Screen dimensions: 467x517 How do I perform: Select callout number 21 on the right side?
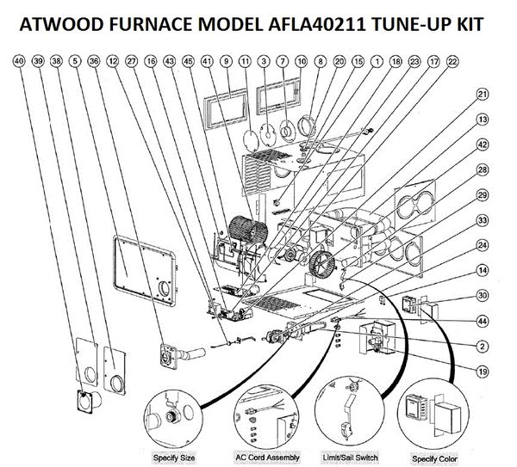coord(483,94)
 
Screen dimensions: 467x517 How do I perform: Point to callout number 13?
coord(483,119)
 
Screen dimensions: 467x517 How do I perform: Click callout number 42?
coord(483,144)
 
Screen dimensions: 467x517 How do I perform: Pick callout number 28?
coord(483,169)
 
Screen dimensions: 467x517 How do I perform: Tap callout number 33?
coord(483,221)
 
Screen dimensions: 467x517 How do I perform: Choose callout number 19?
coord(483,371)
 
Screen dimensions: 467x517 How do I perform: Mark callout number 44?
coord(483,321)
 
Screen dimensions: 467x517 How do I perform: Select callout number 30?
coord(483,296)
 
